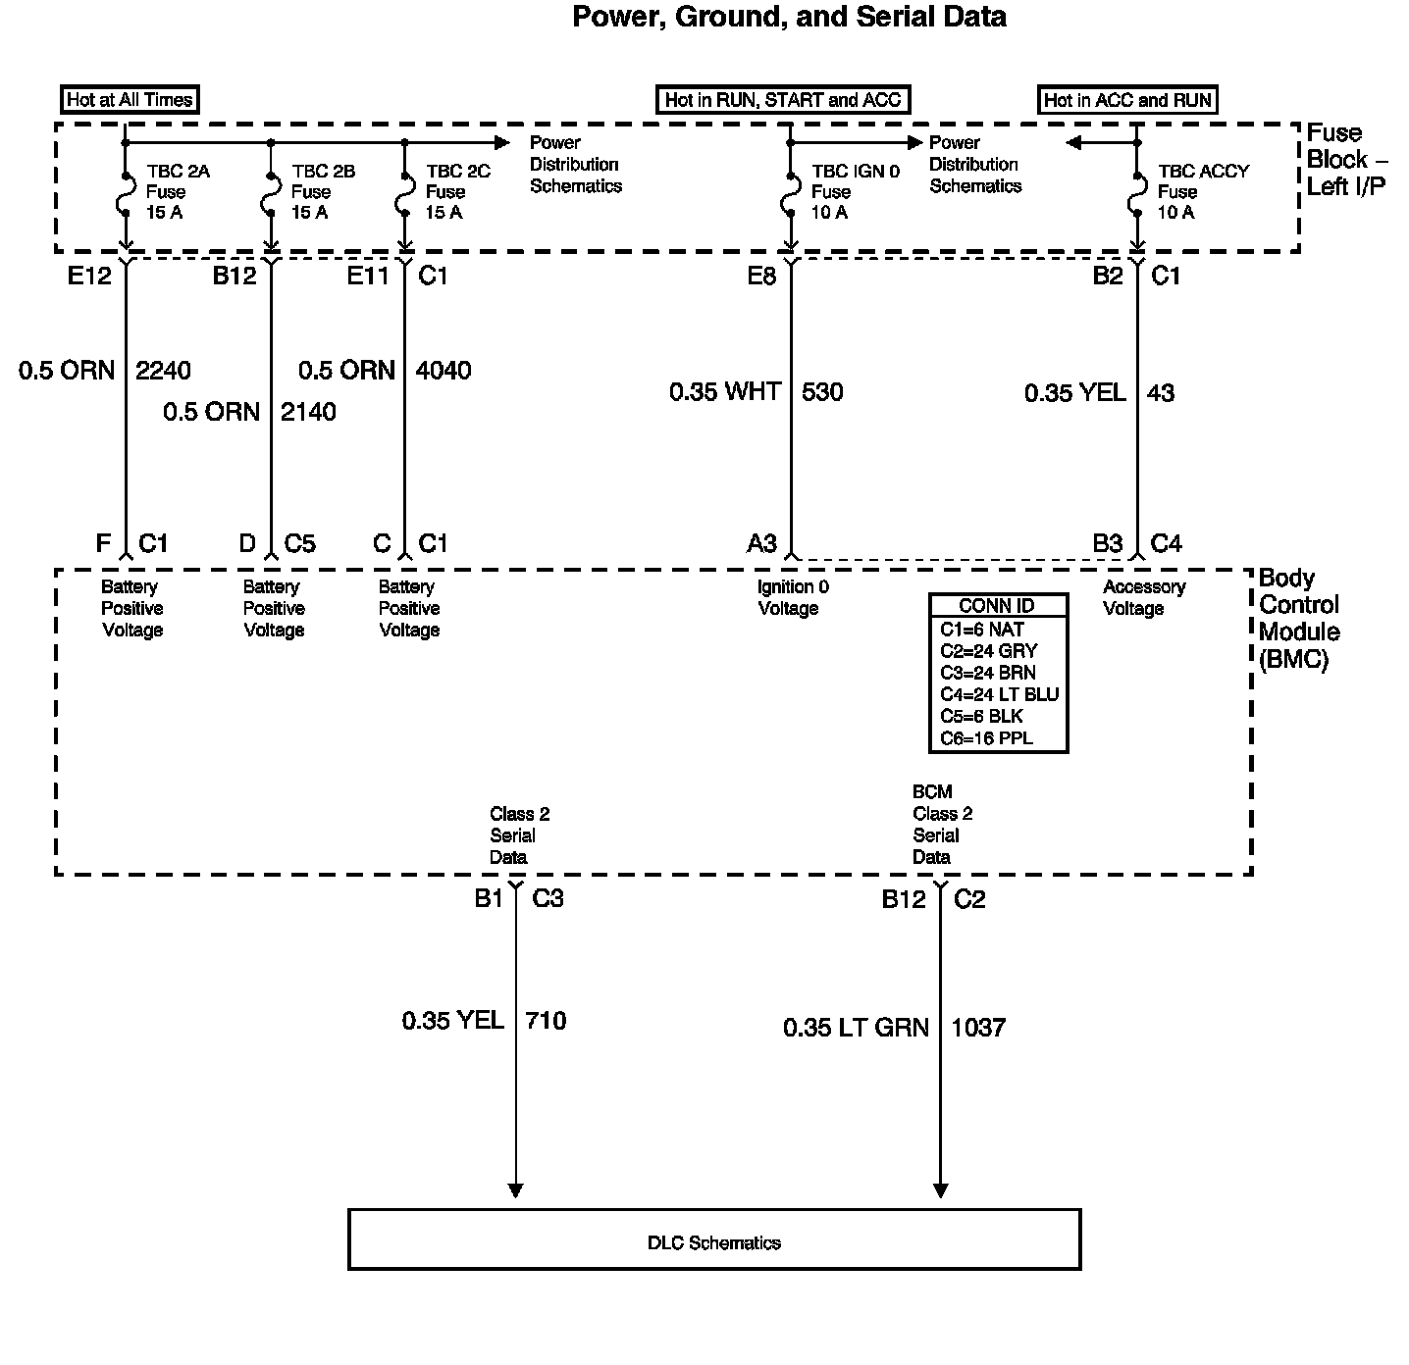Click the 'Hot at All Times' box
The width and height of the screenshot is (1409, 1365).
[x=130, y=100]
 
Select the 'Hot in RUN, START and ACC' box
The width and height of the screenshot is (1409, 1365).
[x=782, y=100]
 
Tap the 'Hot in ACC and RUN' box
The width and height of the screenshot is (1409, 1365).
[x=1127, y=100]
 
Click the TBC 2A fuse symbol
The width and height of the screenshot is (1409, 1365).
[x=126, y=193]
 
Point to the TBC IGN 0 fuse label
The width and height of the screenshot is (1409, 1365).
[x=855, y=191]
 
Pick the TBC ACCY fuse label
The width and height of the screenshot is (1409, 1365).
[x=1203, y=191]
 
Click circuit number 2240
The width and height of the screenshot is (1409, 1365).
[x=163, y=371]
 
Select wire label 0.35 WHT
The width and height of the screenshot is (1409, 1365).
[x=725, y=392]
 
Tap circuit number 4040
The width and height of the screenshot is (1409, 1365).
[x=444, y=371]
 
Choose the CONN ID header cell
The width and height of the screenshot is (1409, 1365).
[x=997, y=606]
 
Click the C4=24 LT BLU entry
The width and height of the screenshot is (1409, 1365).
[x=999, y=694]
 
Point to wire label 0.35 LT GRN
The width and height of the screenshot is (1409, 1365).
[x=856, y=1028]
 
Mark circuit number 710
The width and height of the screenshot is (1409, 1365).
[x=546, y=1021]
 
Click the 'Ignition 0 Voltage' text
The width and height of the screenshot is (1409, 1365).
[x=792, y=597]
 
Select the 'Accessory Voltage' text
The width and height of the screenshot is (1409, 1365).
[x=1143, y=597]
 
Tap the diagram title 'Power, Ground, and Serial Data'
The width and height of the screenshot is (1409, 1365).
[x=789, y=17]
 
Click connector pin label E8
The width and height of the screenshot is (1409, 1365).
[x=761, y=277]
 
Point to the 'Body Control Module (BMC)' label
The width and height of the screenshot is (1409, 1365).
[x=1299, y=619]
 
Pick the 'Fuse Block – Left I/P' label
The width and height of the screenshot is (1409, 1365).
[x=1345, y=160]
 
